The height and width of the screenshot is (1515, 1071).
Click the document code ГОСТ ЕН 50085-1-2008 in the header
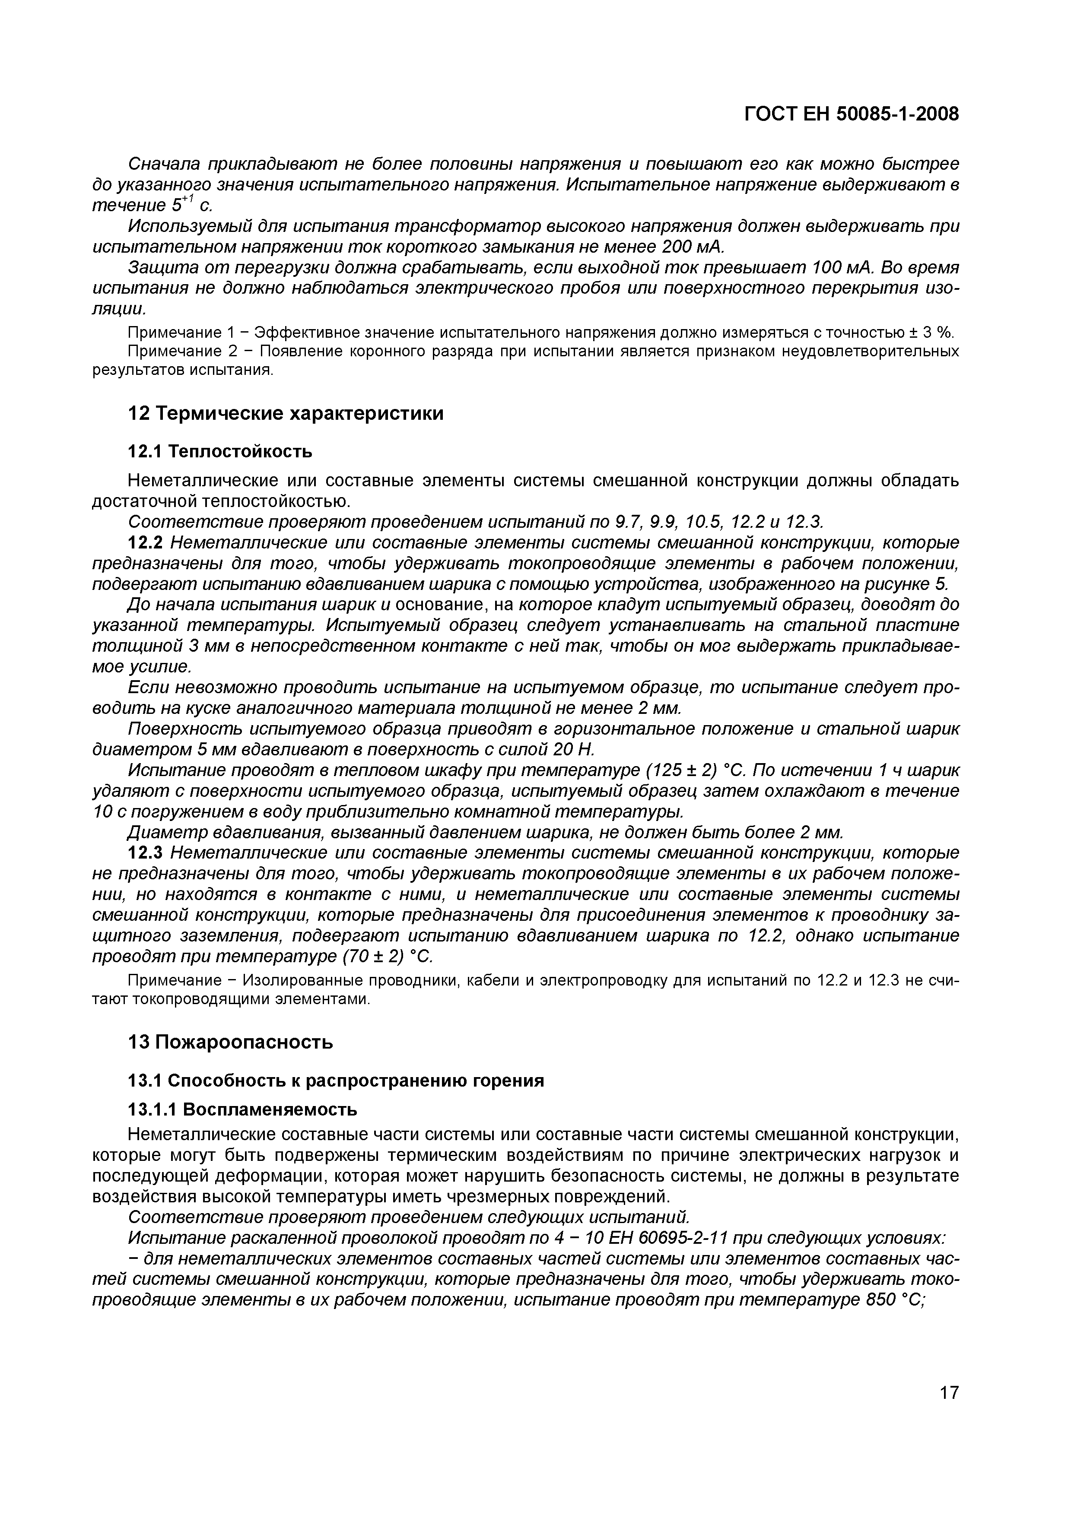coord(851,114)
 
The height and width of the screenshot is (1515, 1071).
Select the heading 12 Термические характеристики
coord(285,414)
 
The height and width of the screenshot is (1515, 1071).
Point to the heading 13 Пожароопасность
coord(230,1043)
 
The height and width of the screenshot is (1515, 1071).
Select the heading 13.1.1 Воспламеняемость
coord(242,1110)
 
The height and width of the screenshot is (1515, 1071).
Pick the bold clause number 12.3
coord(145,853)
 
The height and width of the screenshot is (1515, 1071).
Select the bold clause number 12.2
coord(145,543)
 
